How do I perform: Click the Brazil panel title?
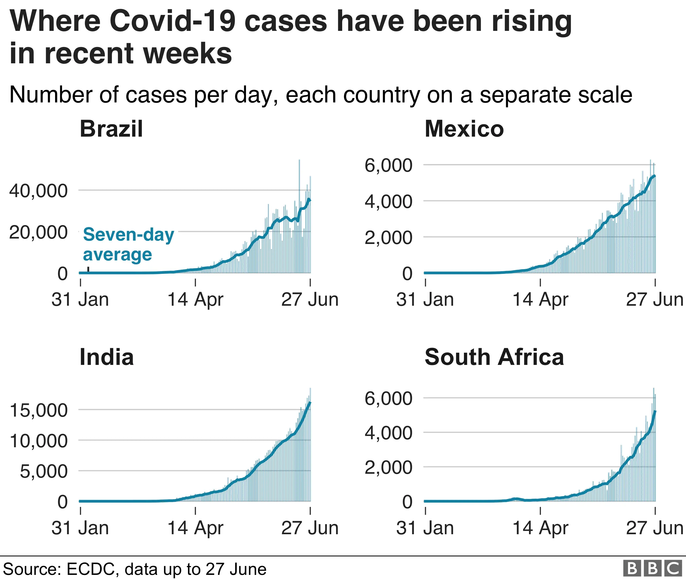pos(111,129)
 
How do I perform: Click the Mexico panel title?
pos(464,129)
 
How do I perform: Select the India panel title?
pos(107,357)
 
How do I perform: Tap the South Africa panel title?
pos(494,357)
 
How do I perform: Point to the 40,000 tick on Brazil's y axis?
pos(38,191)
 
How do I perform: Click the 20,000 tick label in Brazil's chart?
pos(38,232)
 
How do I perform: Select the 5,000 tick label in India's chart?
pos(44,471)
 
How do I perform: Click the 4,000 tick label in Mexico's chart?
pos(388,201)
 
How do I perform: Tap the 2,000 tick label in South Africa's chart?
pos(388,467)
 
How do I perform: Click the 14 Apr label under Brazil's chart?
pos(195,299)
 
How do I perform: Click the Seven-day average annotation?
pos(128,244)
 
